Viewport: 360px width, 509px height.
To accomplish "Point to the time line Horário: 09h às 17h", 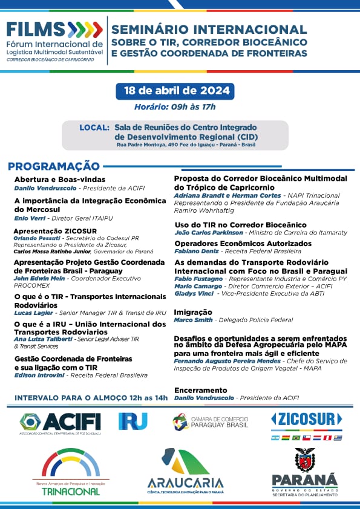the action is (175, 107).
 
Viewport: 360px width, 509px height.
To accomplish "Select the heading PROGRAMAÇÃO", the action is (53, 166).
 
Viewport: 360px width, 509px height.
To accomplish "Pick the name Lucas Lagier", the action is (34, 313).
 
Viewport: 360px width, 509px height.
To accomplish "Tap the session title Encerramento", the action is (200, 390).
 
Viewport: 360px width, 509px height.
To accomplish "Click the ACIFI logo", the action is (60, 421).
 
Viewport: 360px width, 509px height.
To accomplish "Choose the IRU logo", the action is (133, 421).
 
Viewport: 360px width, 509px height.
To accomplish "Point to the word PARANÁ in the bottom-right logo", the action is (304, 479).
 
